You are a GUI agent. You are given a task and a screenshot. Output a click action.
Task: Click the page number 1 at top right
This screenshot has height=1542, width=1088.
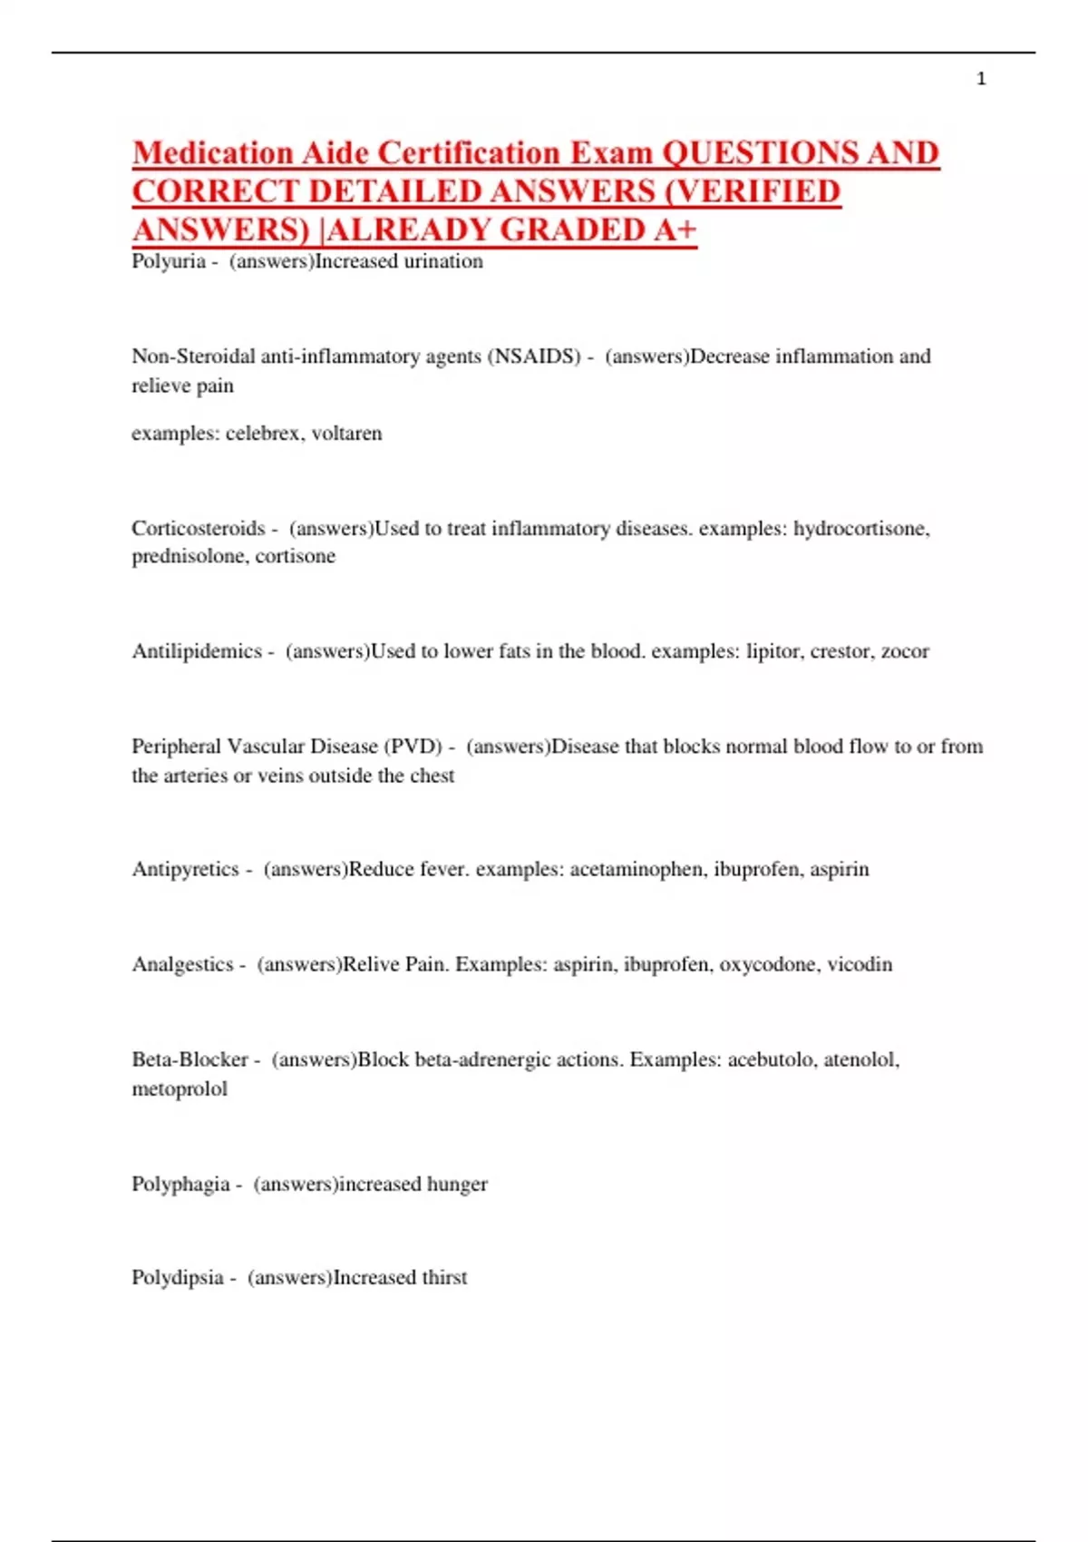coord(981,79)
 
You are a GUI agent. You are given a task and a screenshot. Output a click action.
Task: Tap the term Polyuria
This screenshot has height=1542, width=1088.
coord(169,261)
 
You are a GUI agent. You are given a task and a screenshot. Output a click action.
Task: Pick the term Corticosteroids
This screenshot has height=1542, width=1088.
coord(199,528)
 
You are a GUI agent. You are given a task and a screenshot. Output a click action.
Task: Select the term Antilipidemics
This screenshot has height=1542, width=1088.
coord(197,651)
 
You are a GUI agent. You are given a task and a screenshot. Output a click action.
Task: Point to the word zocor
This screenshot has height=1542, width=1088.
coord(905,651)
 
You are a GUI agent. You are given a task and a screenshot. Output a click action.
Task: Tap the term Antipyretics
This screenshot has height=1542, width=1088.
coord(186,869)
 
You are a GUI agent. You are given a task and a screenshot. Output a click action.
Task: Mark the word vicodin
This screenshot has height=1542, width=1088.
coord(860,964)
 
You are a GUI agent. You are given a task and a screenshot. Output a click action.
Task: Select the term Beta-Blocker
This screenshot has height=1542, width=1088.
coord(190,1059)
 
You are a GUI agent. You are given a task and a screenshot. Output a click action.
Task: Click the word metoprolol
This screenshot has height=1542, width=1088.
coord(180,1088)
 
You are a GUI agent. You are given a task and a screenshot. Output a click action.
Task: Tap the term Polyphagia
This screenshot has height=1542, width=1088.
coord(180,1184)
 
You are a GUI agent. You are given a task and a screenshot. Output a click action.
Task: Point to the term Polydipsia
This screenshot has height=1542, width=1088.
coord(178,1277)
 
